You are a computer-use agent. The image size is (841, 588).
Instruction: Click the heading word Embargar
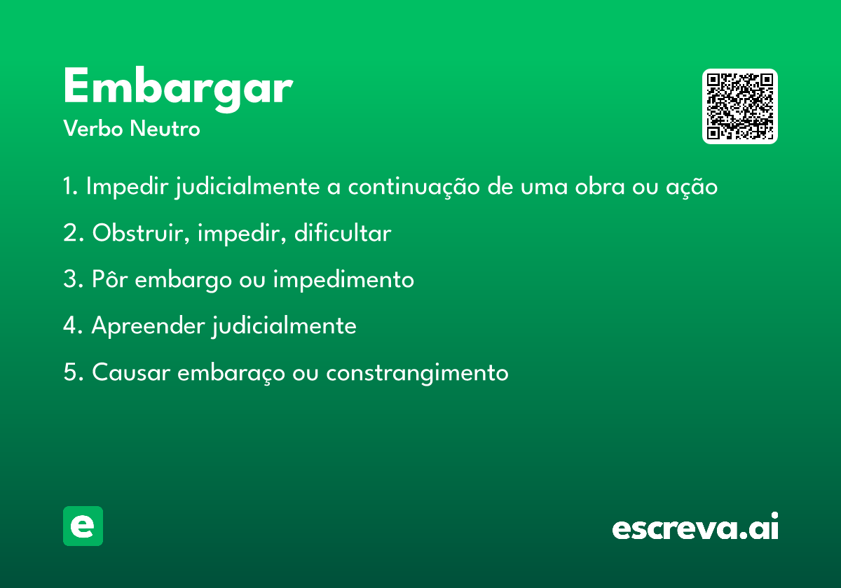(178, 90)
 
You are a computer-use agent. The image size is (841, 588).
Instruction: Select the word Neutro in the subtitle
(165, 129)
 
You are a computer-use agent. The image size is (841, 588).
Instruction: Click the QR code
(739, 106)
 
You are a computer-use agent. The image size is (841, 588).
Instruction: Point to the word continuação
(413, 187)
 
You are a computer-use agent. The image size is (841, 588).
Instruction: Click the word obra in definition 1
(600, 186)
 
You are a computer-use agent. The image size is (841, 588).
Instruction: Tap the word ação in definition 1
(692, 187)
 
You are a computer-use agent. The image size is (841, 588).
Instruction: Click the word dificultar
(343, 232)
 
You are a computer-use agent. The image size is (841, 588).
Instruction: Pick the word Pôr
(109, 279)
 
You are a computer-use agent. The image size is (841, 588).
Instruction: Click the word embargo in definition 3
(183, 280)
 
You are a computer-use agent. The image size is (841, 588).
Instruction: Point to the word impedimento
(343, 280)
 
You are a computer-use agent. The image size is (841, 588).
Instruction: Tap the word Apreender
(148, 326)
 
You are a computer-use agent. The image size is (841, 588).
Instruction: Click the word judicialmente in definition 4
(284, 326)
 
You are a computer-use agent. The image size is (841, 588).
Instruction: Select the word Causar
(131, 372)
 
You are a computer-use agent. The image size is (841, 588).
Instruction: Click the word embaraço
(231, 373)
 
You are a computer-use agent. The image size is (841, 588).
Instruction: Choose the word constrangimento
(417, 373)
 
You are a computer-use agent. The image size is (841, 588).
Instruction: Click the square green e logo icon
(83, 526)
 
